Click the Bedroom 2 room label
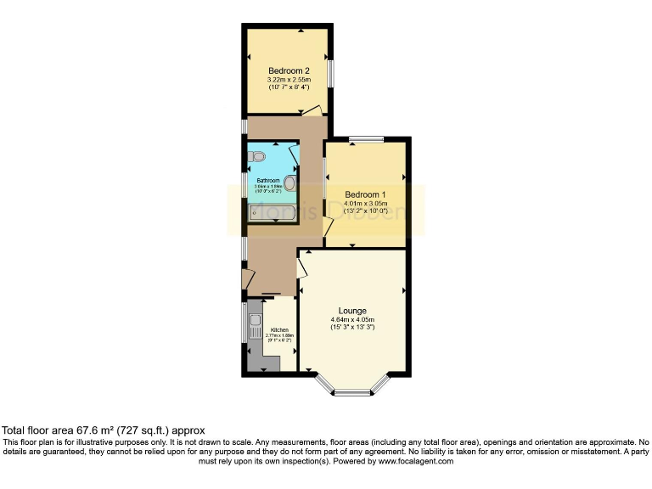288,70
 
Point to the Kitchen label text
279,329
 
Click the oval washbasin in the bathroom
289,183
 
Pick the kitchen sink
255,322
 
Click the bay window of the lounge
351,391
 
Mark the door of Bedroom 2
312,110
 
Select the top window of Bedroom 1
367,139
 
